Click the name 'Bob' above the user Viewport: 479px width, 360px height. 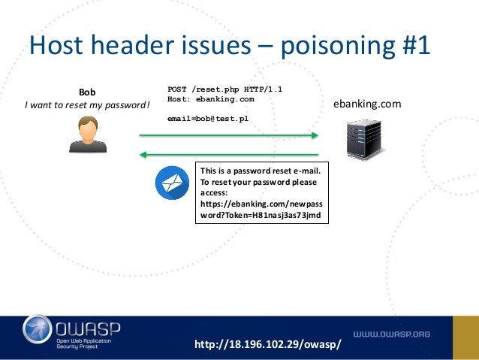pos(88,92)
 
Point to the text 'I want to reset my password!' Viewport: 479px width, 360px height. pos(87,105)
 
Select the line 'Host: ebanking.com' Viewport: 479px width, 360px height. pos(210,99)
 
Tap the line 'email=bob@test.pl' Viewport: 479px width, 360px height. pos(207,119)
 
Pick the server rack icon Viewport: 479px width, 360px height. pos(359,138)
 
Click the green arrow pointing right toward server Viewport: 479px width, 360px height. pos(229,135)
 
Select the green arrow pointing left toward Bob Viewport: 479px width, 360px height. pos(229,155)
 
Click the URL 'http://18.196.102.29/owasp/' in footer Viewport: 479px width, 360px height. pos(267,344)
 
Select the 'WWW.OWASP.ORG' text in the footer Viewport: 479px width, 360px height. pos(392,334)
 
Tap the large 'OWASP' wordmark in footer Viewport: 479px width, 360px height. pos(89,327)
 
